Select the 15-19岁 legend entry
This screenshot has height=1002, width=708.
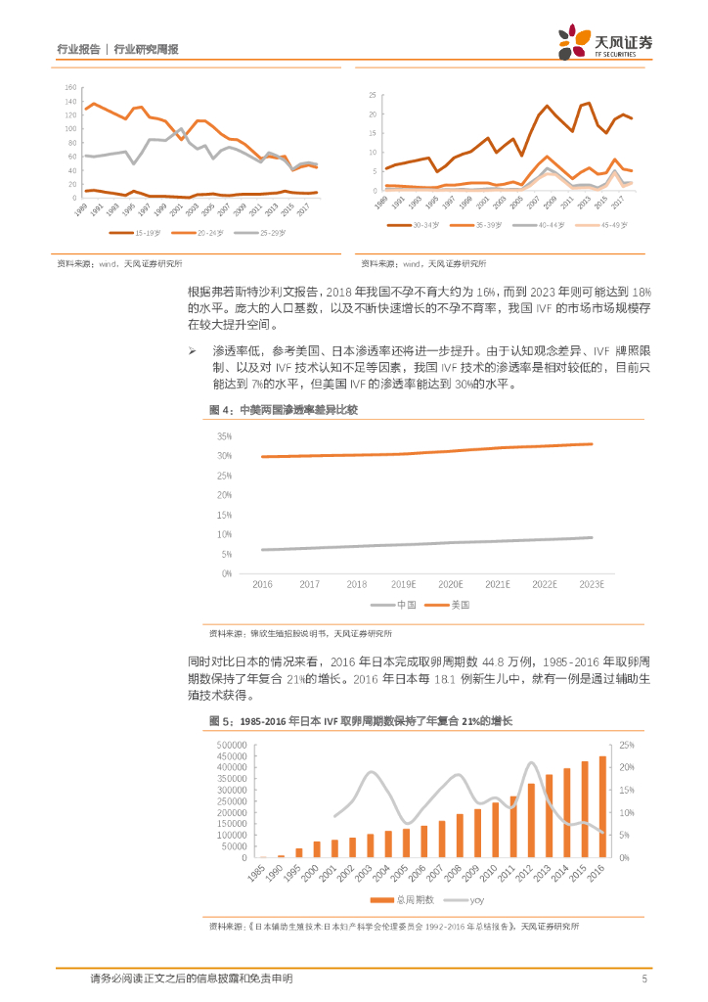click(132, 233)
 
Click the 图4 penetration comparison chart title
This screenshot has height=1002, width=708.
click(283, 409)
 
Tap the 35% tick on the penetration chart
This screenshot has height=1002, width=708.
click(224, 436)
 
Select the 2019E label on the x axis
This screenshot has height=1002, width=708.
click(404, 584)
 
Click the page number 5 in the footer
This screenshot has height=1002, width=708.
click(644, 978)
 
